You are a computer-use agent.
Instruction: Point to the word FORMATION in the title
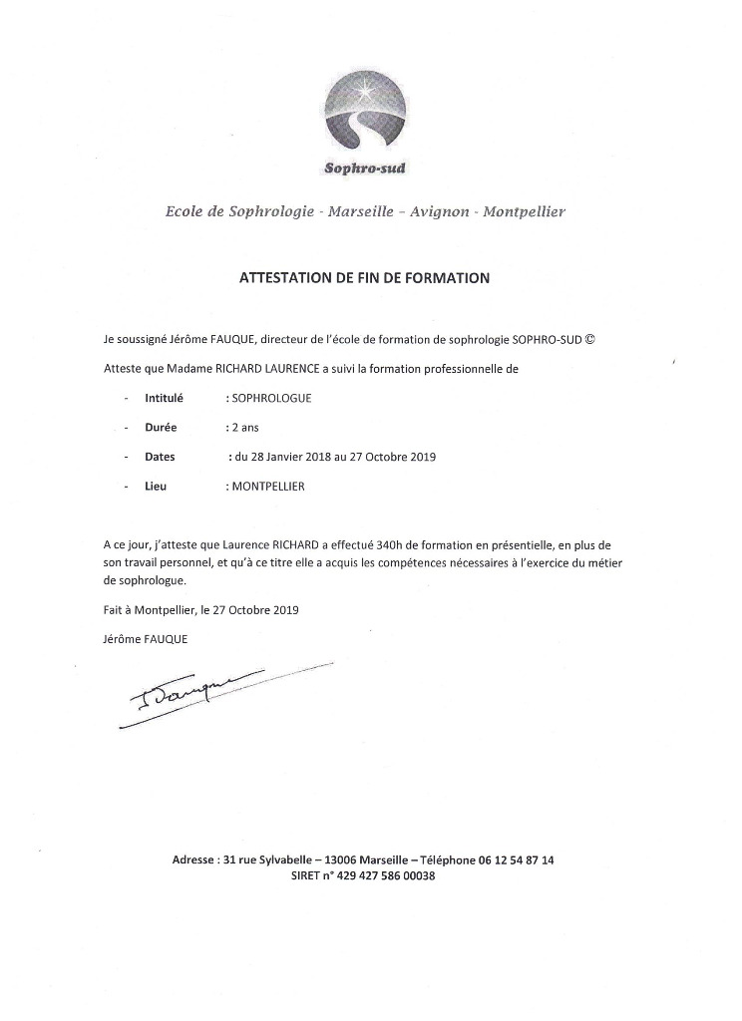pyautogui.click(x=447, y=278)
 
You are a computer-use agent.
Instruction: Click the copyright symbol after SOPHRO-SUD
pyautogui.click(x=590, y=339)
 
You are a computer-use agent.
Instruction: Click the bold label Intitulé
pyautogui.click(x=164, y=398)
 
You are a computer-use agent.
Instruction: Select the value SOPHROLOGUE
pyautogui.click(x=271, y=398)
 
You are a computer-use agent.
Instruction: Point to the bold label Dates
pyautogui.click(x=160, y=458)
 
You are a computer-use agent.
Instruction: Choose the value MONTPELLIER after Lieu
pyautogui.click(x=268, y=488)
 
